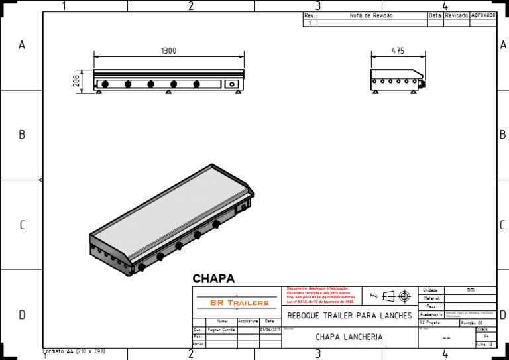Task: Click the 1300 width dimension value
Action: click(168, 51)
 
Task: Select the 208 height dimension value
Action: click(76, 81)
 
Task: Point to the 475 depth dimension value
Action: click(398, 51)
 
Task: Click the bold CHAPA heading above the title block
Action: click(213, 279)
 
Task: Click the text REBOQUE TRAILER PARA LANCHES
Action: click(349, 315)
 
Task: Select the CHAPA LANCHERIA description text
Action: click(349, 337)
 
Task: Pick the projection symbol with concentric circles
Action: click(404, 295)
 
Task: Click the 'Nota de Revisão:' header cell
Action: click(372, 15)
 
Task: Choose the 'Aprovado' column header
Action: click(482, 15)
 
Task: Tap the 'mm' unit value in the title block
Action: click(470, 290)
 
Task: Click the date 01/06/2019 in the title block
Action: click(270, 329)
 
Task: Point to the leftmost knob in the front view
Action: click(104, 84)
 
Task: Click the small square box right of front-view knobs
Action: click(231, 84)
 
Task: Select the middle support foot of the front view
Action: click(169, 92)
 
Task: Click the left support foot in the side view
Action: click(372, 92)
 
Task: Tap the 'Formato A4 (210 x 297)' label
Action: click(74, 351)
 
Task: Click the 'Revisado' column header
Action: click(456, 15)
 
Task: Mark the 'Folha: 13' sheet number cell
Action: click(485, 344)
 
